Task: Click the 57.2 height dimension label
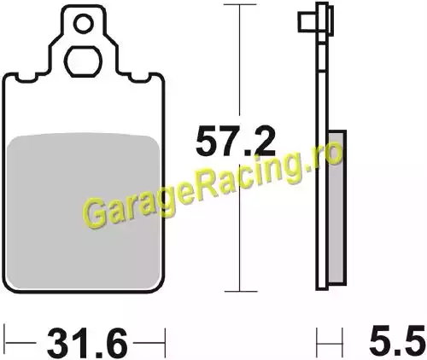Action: point(236,141)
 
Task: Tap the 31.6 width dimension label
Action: point(87,344)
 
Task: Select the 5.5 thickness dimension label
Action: point(398,340)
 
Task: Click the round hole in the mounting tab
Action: point(84,24)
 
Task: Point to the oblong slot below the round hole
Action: point(83,61)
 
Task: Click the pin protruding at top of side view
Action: point(307,21)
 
